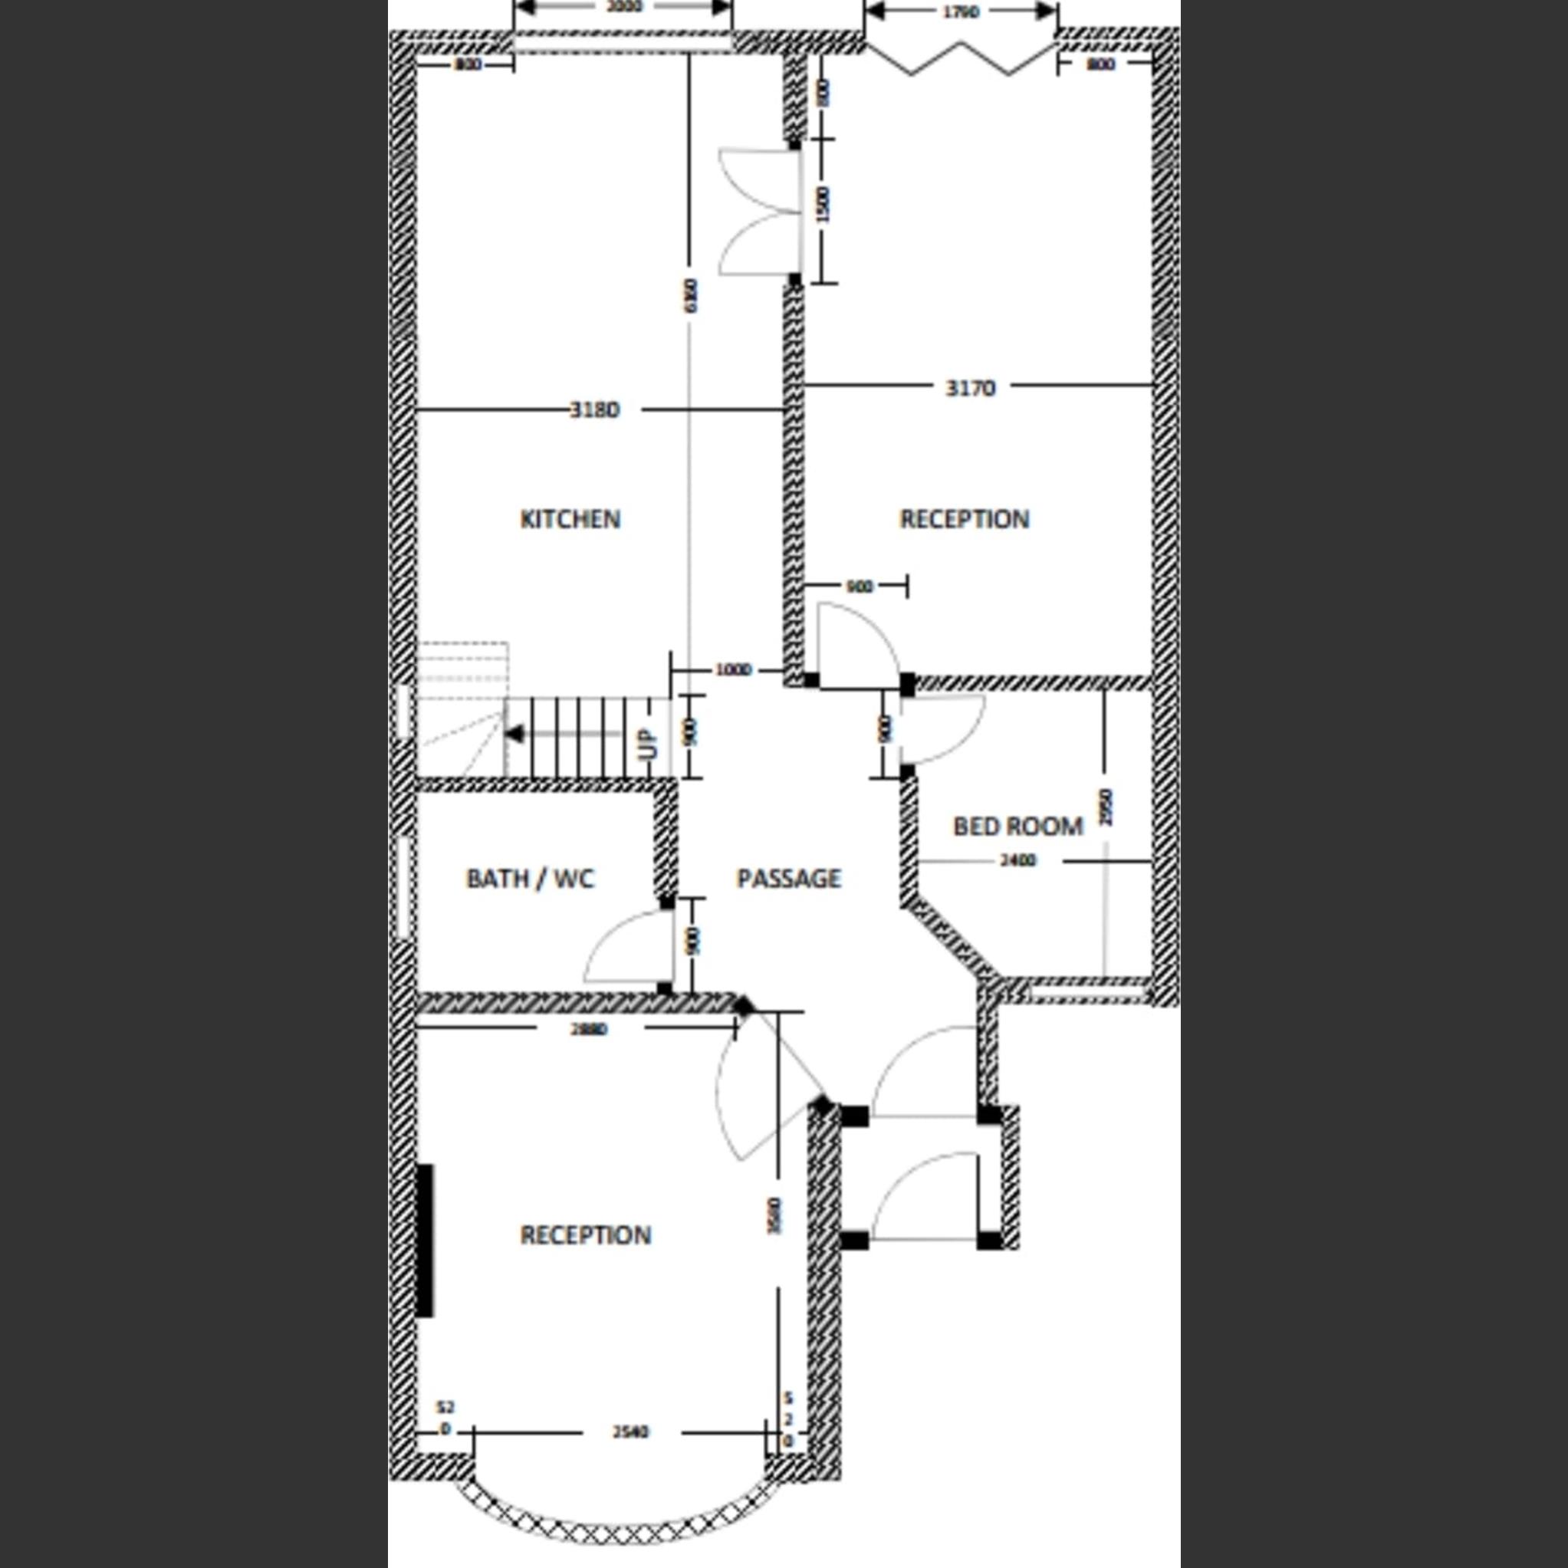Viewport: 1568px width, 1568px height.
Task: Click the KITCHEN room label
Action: tap(570, 519)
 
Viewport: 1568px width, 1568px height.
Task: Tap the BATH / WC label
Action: tap(530, 879)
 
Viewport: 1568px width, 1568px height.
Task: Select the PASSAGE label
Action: tap(788, 879)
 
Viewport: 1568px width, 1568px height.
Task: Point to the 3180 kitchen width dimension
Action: tap(595, 411)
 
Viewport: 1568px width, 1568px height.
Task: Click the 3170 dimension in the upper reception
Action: tap(970, 389)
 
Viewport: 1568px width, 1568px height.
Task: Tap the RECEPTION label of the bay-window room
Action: tap(585, 1235)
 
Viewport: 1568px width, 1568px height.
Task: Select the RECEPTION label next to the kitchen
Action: tap(964, 519)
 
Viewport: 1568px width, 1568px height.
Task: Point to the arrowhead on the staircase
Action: tap(514, 735)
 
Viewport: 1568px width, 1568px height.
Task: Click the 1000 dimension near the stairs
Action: tap(732, 670)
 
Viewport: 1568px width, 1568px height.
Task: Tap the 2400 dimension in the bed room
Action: tap(1017, 861)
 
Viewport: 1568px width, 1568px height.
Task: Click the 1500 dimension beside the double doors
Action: tap(823, 205)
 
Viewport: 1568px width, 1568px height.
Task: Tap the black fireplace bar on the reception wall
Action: tap(425, 1240)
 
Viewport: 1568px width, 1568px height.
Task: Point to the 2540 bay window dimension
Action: tap(630, 1455)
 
